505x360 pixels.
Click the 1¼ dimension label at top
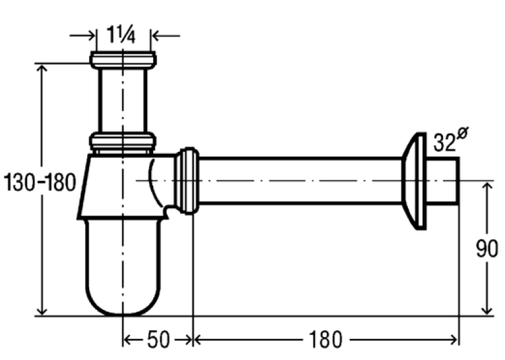click(121, 34)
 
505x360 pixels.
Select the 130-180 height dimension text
click(40, 182)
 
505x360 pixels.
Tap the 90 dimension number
click(487, 248)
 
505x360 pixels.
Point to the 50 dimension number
click(158, 340)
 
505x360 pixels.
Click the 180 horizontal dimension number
click(325, 340)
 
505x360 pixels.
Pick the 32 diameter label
click(444, 142)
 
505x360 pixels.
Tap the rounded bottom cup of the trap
click(123, 267)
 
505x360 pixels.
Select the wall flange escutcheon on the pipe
click(415, 181)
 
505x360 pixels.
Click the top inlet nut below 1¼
click(123, 60)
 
